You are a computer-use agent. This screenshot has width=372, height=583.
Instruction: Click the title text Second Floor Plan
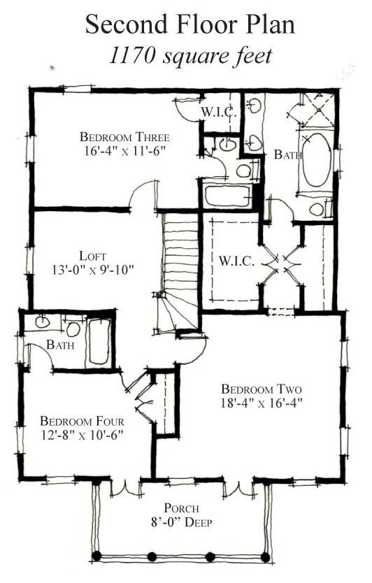pyautogui.click(x=189, y=25)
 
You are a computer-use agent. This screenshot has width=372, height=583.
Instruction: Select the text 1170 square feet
pyautogui.click(x=189, y=57)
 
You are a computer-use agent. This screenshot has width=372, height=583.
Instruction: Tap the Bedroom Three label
pyautogui.click(x=124, y=137)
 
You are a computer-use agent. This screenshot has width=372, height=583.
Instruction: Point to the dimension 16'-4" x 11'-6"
pyautogui.click(x=124, y=150)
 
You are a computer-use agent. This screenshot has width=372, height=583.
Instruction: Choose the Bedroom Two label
pyautogui.click(x=262, y=389)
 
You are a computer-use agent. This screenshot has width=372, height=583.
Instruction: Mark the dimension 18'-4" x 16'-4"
pyautogui.click(x=262, y=403)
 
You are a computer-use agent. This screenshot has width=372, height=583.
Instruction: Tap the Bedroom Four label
pyautogui.click(x=82, y=422)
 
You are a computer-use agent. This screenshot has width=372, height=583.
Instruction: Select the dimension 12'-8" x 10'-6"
pyautogui.click(x=82, y=435)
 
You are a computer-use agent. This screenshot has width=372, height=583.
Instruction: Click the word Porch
pyautogui.click(x=181, y=508)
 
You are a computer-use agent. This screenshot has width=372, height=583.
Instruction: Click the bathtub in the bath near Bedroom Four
pyautogui.click(x=99, y=342)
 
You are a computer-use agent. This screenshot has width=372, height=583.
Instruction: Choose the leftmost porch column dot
pyautogui.click(x=97, y=556)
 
